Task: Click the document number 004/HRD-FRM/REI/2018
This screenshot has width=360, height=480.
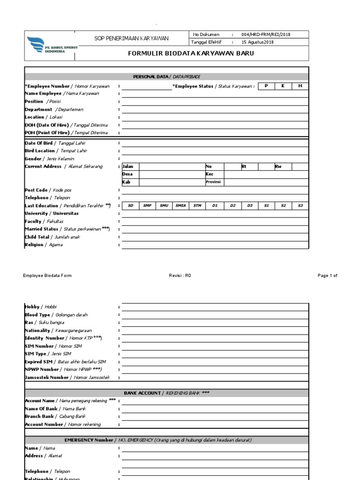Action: (x=266, y=35)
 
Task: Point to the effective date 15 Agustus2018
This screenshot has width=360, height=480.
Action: (x=257, y=42)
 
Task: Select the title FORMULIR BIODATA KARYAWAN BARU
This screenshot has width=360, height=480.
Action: (x=191, y=53)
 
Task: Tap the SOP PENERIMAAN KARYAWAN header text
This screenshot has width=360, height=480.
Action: (x=132, y=38)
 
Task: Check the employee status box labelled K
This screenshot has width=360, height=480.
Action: (x=283, y=86)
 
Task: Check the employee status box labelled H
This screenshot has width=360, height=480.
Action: (x=300, y=86)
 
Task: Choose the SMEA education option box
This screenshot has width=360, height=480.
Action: (x=180, y=205)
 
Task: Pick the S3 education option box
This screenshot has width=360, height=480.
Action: (x=300, y=205)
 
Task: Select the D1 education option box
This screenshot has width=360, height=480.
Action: (x=215, y=205)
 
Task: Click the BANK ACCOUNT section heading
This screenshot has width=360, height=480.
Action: (x=167, y=393)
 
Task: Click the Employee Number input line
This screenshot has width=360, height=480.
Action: (x=147, y=86)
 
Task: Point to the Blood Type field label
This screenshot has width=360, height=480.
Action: (x=56, y=315)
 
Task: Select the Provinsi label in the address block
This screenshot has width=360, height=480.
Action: (x=213, y=182)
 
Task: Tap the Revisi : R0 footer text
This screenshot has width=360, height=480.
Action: (x=180, y=276)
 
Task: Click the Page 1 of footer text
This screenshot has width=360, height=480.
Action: (x=327, y=276)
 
